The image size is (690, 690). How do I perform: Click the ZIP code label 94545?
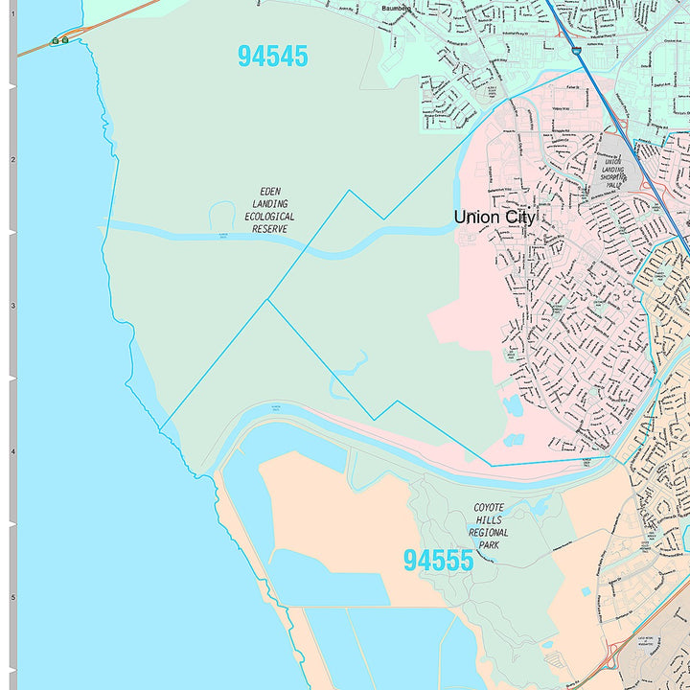click(x=273, y=57)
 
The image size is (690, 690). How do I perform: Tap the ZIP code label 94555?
click(x=438, y=561)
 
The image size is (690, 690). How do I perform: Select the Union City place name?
click(x=494, y=218)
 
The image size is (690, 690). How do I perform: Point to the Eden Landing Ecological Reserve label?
click(x=272, y=210)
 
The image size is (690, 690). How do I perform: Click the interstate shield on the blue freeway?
click(x=576, y=51)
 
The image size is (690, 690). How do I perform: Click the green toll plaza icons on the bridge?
click(x=60, y=40)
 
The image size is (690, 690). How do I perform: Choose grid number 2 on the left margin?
click(x=12, y=160)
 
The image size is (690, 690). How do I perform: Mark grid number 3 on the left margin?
click(x=12, y=306)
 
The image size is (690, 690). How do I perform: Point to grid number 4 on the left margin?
click(x=12, y=451)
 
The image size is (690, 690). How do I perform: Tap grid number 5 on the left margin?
click(x=12, y=597)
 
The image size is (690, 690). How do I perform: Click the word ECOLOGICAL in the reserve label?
click(x=272, y=217)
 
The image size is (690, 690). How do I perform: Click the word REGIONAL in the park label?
click(x=489, y=533)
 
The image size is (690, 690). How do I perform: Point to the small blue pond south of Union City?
click(x=513, y=405)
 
